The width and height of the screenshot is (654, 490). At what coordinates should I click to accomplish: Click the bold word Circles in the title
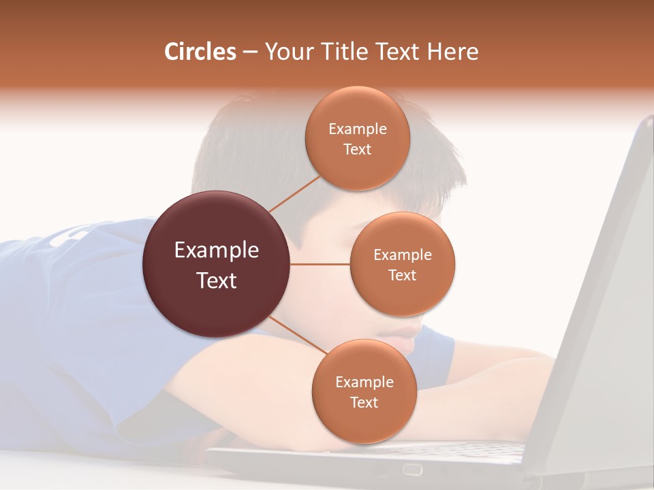coord(200,52)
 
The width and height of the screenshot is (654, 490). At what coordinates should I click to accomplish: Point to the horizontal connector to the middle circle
coord(320,264)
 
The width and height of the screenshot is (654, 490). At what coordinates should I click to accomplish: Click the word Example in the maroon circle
coord(216,250)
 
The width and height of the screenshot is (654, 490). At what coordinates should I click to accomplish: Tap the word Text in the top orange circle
coord(357,150)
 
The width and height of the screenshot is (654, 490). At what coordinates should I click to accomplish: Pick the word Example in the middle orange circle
coord(402,255)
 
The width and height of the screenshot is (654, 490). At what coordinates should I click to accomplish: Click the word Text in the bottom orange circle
coord(364,402)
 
